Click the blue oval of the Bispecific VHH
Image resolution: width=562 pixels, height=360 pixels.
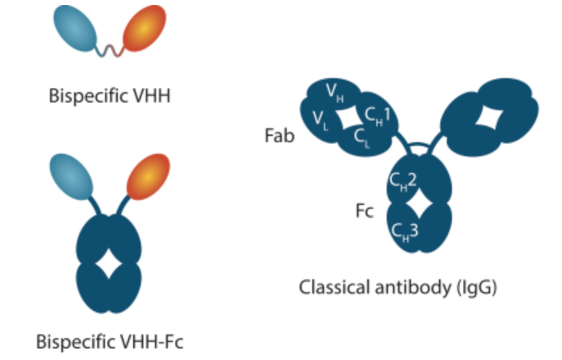tap(76, 29)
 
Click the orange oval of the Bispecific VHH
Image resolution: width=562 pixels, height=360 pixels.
tap(145, 29)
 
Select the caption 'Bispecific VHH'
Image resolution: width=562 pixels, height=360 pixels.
tap(109, 96)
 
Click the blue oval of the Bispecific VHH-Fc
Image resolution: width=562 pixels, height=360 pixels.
tap(72, 177)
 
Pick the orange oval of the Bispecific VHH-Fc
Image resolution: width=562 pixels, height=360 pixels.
tap(149, 177)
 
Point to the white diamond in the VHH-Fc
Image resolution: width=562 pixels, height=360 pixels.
tap(109, 265)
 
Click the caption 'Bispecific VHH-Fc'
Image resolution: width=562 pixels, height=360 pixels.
tap(109, 341)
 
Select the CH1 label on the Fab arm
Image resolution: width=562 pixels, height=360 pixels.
tap(377, 116)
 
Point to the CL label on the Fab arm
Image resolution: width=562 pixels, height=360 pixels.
tap(361, 138)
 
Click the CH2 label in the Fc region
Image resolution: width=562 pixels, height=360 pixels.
tap(403, 181)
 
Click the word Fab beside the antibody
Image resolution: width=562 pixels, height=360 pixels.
tap(280, 136)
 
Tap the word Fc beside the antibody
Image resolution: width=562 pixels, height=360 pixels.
tap(364, 211)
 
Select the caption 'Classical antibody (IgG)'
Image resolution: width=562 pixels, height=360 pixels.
tap(398, 288)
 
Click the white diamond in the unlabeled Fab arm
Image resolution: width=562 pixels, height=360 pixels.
tap(489, 117)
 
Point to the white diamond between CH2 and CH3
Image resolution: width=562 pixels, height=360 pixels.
tap(419, 204)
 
